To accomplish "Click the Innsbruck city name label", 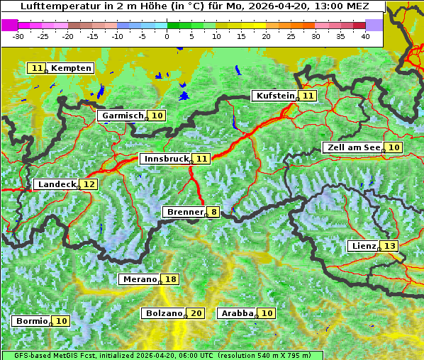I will pos(165,159).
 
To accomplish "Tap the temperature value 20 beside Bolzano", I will pos(196,313).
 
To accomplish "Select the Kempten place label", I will pos(71,68).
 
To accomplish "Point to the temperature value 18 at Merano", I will pos(171,280).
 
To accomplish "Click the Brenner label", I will pos(184,212).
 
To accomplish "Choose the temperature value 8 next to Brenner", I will pos(213,212).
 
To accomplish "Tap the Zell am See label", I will pos(352,147).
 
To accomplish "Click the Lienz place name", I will pos(363,246).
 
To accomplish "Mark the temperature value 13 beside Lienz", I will pos(390,246).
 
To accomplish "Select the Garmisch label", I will pos(123,116).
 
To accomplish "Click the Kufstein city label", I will pos(274,96).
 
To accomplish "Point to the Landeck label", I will pos(57,184).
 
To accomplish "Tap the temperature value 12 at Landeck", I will pos(89,184).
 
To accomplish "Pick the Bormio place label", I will pos(32,321).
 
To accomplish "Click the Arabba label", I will pos(237,313).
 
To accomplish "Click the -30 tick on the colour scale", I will pos(18,35).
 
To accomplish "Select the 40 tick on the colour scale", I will pos(365,35).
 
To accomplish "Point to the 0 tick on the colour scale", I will pos(167,35).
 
